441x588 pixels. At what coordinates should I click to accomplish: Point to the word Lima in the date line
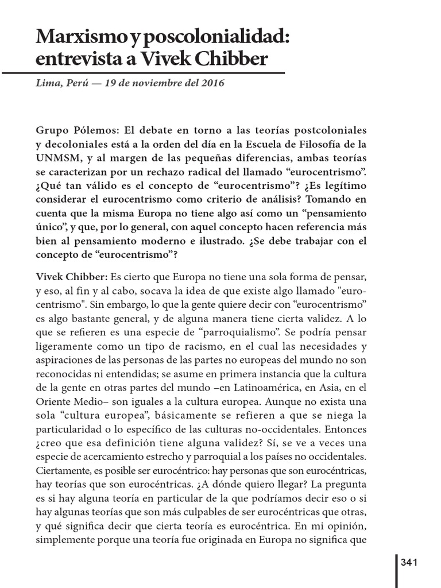pyautogui.click(x=47, y=83)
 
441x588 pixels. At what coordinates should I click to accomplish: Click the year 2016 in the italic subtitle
pyautogui.click(x=212, y=83)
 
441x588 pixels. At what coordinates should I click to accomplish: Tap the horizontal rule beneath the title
pyautogui.click(x=144, y=73)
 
